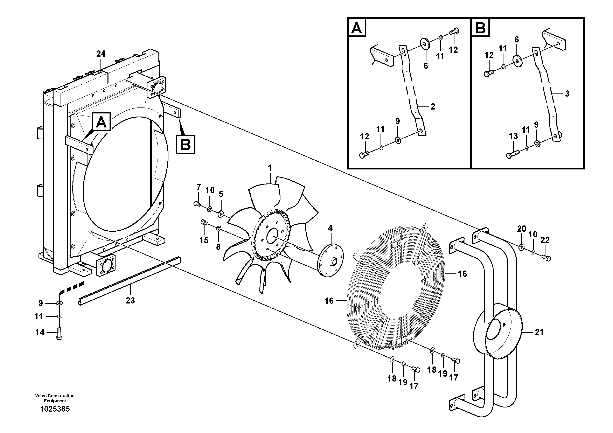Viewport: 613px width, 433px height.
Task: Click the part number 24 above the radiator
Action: coord(101,54)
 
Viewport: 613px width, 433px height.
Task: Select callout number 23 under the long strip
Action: coord(130,301)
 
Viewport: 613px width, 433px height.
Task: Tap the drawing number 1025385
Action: coord(55,409)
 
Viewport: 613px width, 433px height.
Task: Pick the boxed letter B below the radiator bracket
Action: coord(186,145)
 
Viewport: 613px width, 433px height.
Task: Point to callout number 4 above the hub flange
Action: coord(330,228)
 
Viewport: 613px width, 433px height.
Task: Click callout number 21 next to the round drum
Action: coord(539,332)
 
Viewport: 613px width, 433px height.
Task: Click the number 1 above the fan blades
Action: coord(270,168)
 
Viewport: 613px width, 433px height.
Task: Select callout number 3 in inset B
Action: coord(567,93)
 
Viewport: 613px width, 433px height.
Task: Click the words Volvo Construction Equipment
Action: coord(55,398)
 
